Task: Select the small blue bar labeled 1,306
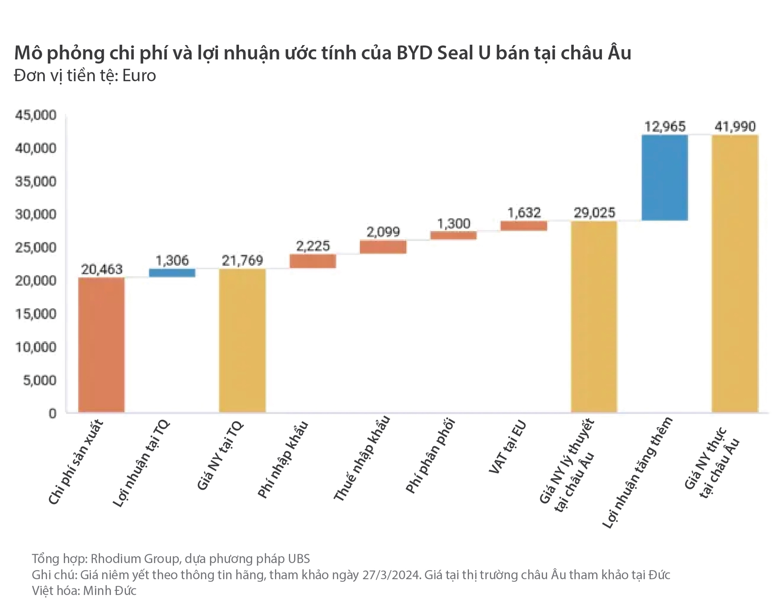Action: pos(172,272)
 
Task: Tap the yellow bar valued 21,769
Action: pos(242,340)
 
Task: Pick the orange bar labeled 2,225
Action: pos(313,261)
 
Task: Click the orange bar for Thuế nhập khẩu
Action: pos(383,247)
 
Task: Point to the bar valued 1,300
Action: pos(453,235)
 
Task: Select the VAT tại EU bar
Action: pos(524,226)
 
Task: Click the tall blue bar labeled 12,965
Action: pos(665,178)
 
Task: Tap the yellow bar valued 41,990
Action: pos(735,273)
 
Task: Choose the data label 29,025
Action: pos(594,213)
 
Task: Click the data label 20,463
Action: pos(102,269)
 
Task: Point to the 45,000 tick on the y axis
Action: pos(36,115)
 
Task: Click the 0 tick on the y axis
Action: pos(52,413)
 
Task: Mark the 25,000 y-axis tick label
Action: pos(36,248)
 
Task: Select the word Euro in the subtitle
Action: pos(139,76)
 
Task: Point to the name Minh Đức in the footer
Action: pos(110,590)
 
